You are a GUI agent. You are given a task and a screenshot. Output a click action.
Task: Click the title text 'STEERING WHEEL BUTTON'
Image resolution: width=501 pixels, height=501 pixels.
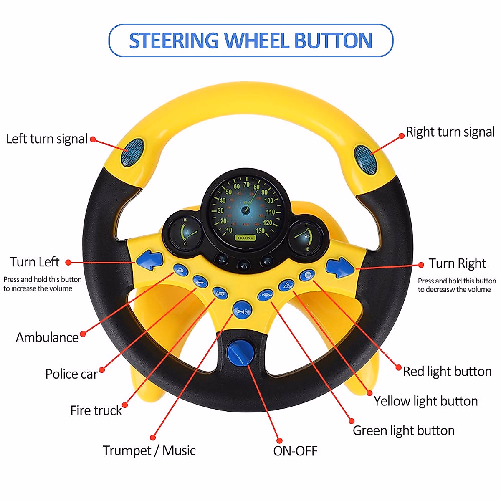click(250, 40)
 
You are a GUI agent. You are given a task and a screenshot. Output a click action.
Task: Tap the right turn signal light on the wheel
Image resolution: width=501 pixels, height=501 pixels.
click(366, 159)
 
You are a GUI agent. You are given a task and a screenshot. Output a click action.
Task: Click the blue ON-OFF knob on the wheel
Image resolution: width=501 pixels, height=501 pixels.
click(240, 351)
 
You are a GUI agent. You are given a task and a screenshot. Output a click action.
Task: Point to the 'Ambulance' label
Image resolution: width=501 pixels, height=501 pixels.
click(47, 337)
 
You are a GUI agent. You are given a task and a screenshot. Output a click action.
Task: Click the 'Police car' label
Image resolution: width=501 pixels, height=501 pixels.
click(71, 374)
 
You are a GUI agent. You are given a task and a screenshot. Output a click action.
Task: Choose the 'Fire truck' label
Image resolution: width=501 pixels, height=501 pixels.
click(96, 410)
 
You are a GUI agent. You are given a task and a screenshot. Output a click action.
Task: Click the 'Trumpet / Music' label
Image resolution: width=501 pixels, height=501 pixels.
click(149, 450)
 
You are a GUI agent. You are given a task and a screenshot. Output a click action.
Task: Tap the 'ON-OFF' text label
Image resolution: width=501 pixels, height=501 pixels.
click(295, 451)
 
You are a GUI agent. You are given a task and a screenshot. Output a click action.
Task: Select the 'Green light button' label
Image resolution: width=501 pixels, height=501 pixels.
click(404, 430)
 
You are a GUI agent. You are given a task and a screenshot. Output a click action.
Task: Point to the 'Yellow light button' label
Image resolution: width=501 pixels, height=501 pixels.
click(425, 401)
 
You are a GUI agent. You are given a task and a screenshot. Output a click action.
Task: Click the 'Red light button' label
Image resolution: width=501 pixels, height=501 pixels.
click(447, 372)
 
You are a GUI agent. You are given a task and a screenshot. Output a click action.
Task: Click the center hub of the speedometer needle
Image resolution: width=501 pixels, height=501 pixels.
click(245, 210)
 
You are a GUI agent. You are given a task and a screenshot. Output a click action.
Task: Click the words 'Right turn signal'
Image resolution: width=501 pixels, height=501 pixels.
click(450, 132)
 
